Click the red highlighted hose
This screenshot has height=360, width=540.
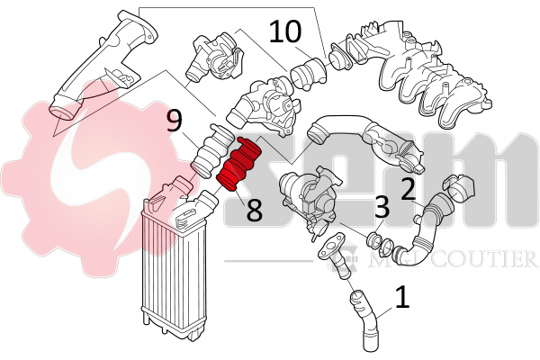point(239,165)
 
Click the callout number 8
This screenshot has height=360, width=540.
point(255,211)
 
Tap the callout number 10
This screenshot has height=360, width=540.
point(286,33)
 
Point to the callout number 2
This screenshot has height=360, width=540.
point(407,188)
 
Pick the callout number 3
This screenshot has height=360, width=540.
point(382,209)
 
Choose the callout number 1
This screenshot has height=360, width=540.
point(402,296)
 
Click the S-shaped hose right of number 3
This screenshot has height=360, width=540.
point(423,225)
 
